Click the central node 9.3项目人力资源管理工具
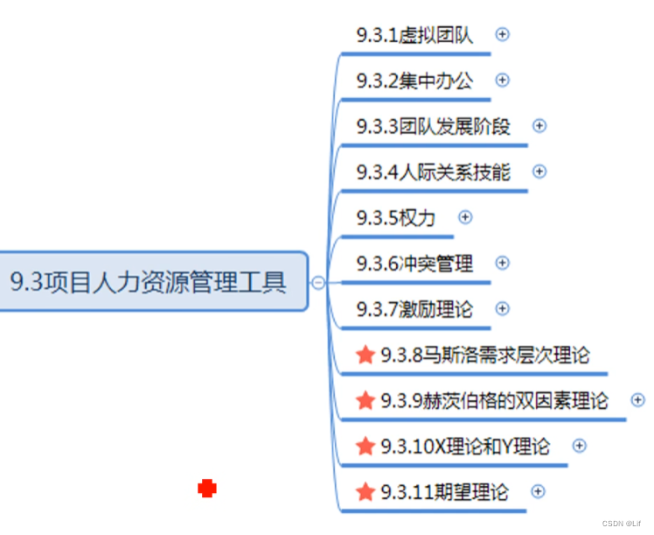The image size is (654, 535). click(149, 282)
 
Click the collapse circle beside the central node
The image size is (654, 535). click(318, 282)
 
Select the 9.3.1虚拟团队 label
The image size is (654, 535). click(414, 35)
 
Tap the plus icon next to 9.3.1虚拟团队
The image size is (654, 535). click(502, 34)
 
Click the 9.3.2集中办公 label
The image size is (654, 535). click(414, 81)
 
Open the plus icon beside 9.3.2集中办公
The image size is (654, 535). click(502, 80)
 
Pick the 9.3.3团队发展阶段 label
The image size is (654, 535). click(433, 126)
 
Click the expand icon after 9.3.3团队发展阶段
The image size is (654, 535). click(539, 125)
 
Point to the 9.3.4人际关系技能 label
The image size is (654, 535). click(433, 172)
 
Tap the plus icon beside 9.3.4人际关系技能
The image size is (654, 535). click(539, 171)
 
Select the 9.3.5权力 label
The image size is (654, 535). click(395, 217)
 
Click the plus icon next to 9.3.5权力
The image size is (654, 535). click(465, 216)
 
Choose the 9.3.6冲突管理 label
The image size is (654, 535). click(414, 263)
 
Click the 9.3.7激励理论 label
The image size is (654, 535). click(414, 308)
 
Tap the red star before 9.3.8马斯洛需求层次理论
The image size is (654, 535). click(365, 355)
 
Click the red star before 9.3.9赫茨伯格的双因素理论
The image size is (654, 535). click(365, 400)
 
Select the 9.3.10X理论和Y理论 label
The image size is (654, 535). click(465, 446)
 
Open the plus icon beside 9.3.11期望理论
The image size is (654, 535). click(538, 491)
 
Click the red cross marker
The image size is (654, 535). click(207, 489)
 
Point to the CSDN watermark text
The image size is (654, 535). click(622, 523)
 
